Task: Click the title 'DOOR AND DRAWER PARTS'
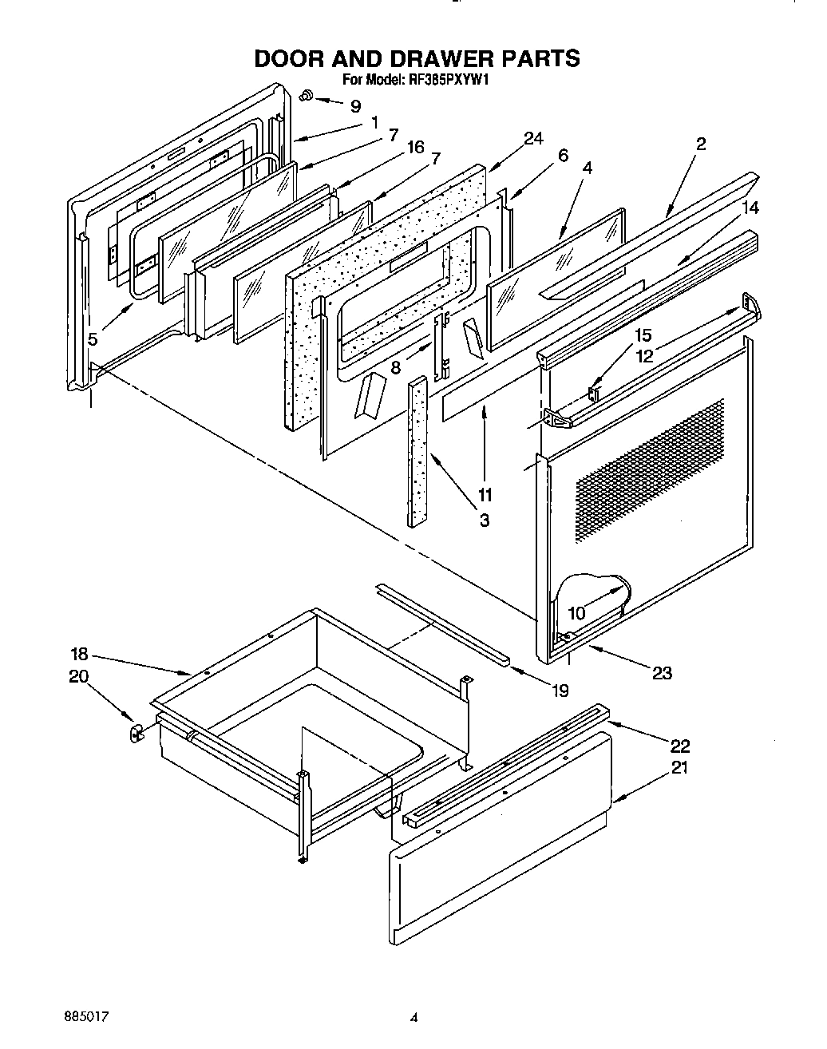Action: coord(416,58)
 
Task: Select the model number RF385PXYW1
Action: coord(445,79)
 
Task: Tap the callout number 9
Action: coord(355,105)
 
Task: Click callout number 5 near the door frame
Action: coord(93,338)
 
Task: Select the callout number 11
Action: coord(485,494)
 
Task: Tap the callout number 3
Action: coord(485,521)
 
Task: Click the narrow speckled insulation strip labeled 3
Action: coord(417,451)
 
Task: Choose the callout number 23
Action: coord(662,672)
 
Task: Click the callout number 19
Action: coord(560,690)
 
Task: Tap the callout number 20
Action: coord(79,676)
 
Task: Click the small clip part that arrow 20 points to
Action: coord(136,731)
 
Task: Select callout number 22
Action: coord(679,746)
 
